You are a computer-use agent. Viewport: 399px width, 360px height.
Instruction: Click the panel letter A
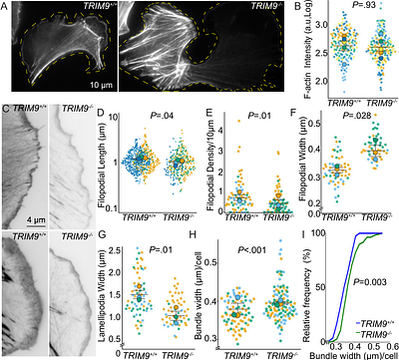click(6, 8)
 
